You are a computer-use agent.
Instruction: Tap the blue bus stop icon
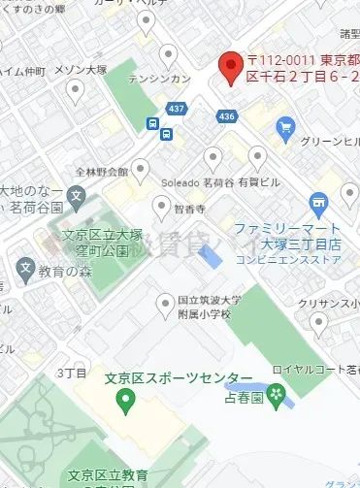153,124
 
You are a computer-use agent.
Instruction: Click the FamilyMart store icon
318,201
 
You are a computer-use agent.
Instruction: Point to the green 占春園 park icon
278,394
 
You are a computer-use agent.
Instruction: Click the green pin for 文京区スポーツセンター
124,398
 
